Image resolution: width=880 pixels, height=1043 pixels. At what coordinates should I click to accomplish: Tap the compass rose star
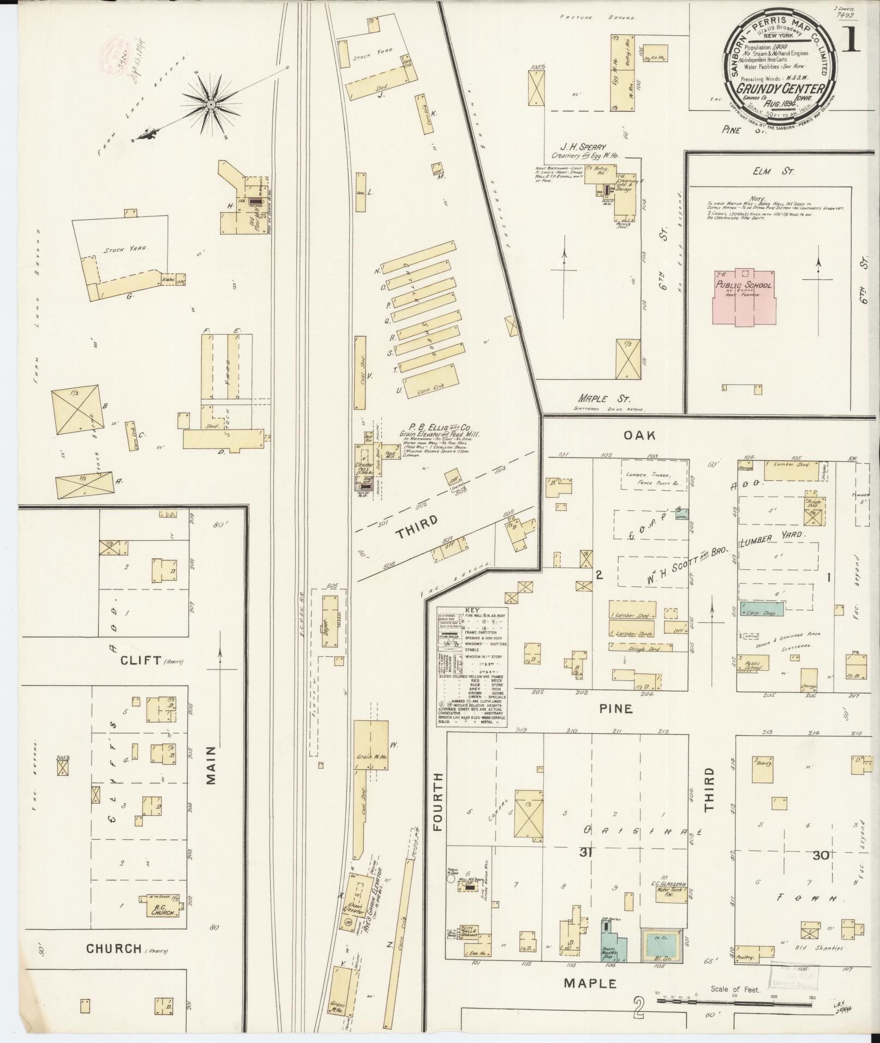(211, 103)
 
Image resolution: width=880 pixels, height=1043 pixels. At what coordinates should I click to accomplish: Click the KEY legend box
(471, 665)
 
